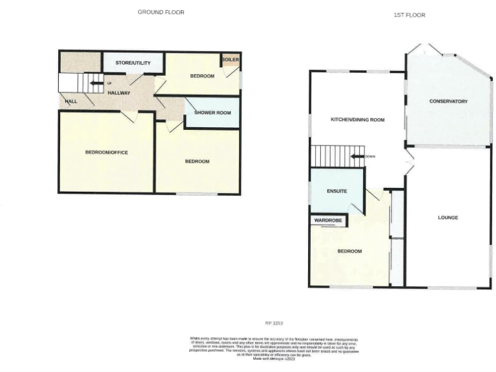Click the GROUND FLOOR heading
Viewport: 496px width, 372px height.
coord(161,12)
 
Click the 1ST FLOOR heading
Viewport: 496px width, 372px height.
coord(409,15)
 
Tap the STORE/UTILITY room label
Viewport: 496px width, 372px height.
coord(133,63)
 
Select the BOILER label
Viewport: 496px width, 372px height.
coord(230,60)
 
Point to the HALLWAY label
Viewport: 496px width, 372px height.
coord(119,93)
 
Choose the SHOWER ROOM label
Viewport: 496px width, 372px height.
coord(212,113)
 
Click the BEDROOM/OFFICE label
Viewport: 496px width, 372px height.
coord(107,152)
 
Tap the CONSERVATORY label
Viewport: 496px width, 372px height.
coord(448,101)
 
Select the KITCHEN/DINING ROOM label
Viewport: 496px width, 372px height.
coord(357,119)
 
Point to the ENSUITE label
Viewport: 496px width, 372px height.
coord(336,191)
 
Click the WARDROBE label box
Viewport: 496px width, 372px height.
coord(328,221)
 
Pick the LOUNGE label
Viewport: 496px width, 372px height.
coord(448,218)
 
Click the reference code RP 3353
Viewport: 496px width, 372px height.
coord(274,323)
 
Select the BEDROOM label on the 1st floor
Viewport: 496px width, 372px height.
coord(349,251)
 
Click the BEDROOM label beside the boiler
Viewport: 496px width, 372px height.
coord(201,76)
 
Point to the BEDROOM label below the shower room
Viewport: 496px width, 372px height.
coord(197,161)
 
